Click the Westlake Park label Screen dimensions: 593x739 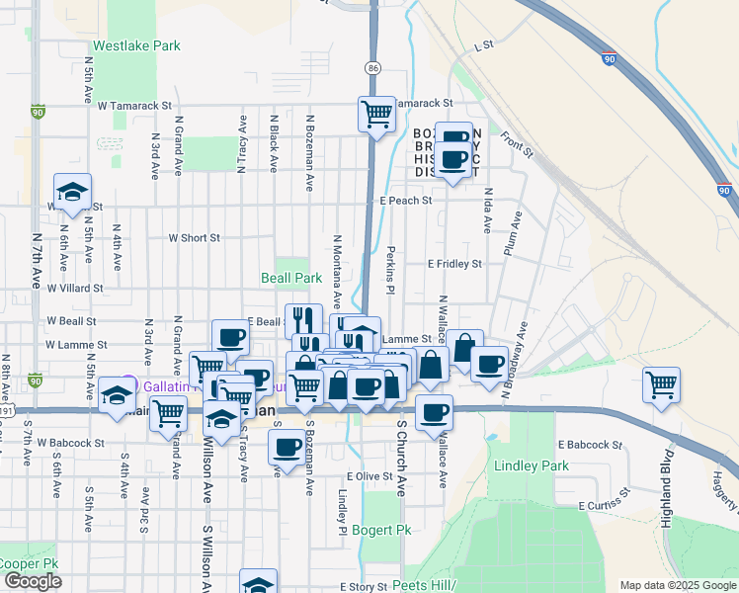point(136,45)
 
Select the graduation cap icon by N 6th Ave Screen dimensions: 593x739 point(72,193)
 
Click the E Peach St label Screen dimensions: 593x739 point(406,201)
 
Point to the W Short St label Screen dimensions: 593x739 point(194,238)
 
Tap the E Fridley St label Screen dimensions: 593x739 point(453,264)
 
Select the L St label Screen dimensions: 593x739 point(483,45)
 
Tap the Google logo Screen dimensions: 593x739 point(33,581)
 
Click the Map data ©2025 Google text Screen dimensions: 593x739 point(677,585)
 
